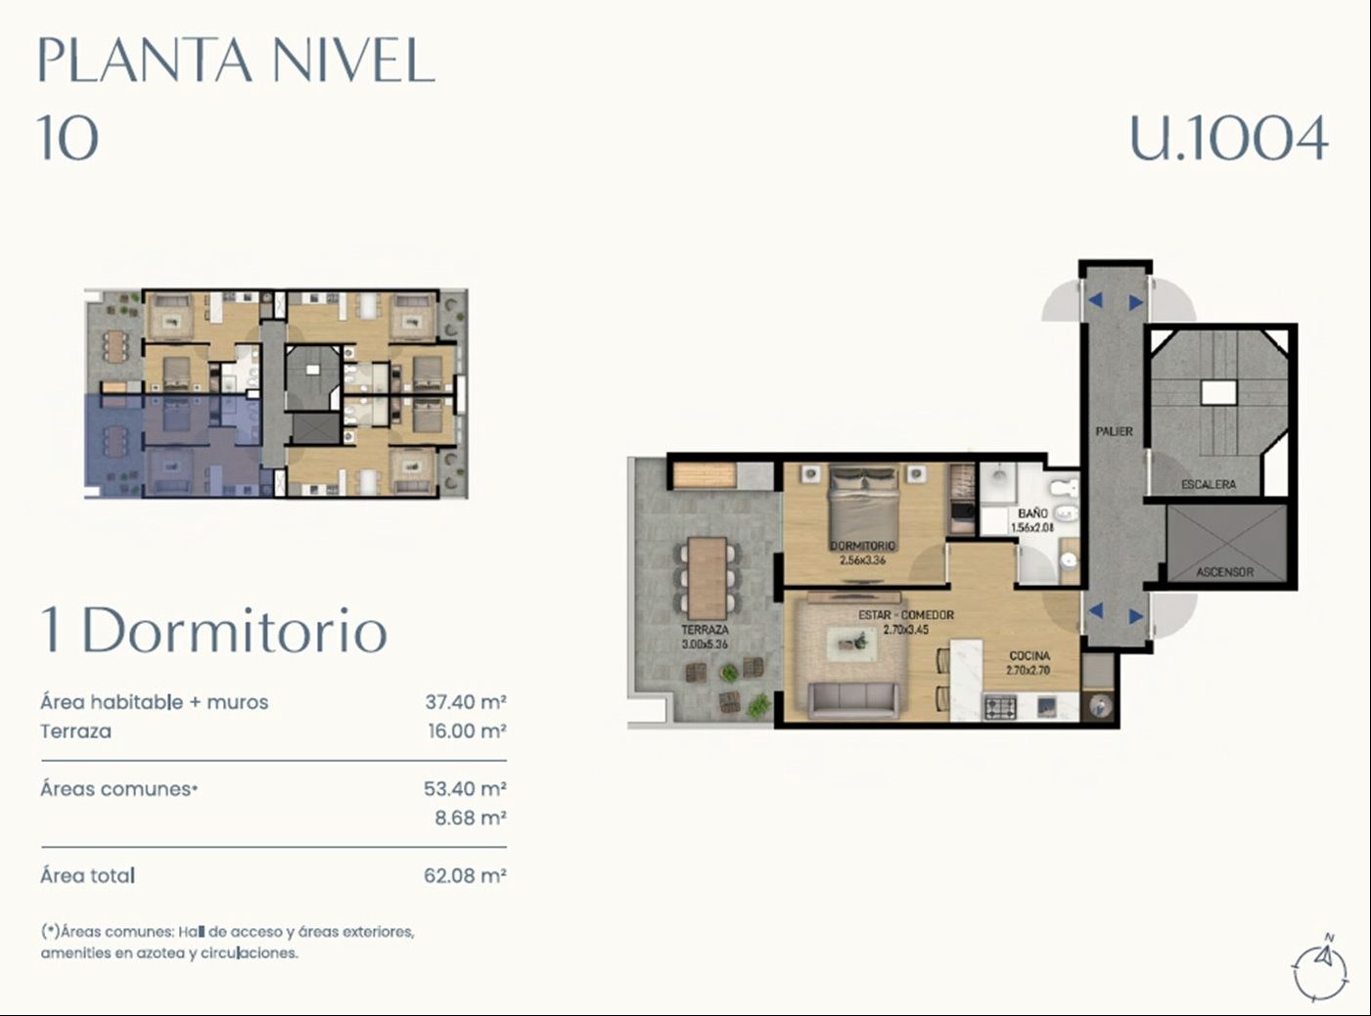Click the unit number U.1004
pyautogui.click(x=1229, y=138)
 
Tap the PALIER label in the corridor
pyautogui.click(x=1114, y=431)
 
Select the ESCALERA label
pyautogui.click(x=1209, y=484)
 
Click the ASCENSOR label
pyautogui.click(x=1224, y=572)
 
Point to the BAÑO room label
pyautogui.click(x=1032, y=513)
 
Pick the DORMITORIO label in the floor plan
pyautogui.click(x=862, y=546)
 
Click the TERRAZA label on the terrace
pyautogui.click(x=705, y=630)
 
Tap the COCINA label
pyautogui.click(x=1029, y=656)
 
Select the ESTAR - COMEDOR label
pyautogui.click(x=906, y=615)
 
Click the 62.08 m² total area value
pyautogui.click(x=465, y=876)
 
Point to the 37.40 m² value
pyautogui.click(x=466, y=702)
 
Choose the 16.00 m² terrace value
pyautogui.click(x=468, y=731)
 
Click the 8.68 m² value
pyautogui.click(x=471, y=817)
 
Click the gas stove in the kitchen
pyautogui.click(x=1000, y=707)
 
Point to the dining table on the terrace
pyautogui.click(x=708, y=578)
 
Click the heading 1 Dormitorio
pyautogui.click(x=214, y=631)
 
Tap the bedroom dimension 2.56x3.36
pyautogui.click(x=862, y=561)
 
